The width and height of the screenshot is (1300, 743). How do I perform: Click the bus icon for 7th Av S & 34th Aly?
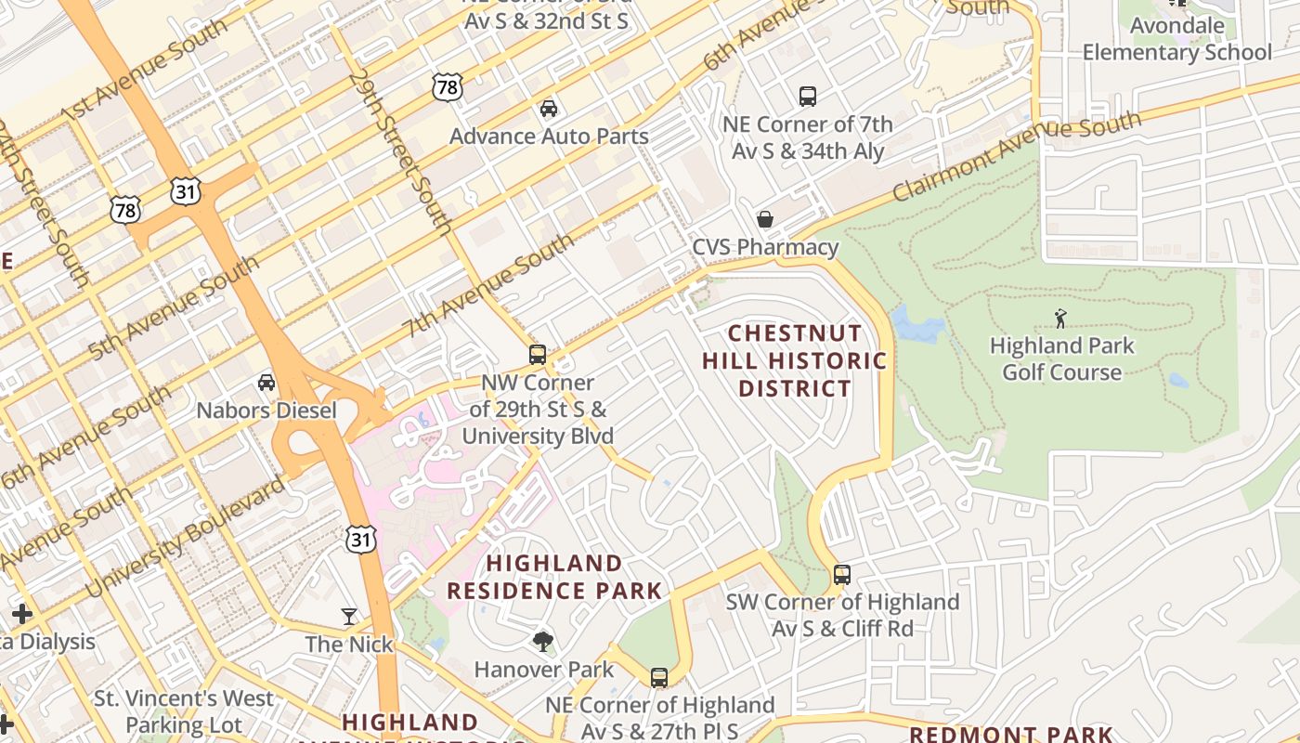(808, 96)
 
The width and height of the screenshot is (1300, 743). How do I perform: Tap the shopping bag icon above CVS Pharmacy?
(765, 219)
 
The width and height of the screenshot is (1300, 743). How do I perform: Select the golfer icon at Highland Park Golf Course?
(1060, 319)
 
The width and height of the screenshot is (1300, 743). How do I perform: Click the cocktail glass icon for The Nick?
(349, 616)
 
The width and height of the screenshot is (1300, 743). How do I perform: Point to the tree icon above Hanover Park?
(543, 641)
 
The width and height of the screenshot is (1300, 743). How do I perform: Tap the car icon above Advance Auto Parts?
(549, 108)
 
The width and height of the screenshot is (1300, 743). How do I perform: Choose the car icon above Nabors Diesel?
(266, 382)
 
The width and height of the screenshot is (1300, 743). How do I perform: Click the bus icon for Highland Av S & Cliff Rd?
(842, 574)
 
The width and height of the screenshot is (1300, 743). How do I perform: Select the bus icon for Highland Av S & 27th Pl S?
(659, 677)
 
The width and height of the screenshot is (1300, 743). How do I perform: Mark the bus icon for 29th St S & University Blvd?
(538, 354)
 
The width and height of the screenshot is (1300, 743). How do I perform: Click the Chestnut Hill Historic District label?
(794, 360)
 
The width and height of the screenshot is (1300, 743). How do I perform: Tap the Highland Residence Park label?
(554, 577)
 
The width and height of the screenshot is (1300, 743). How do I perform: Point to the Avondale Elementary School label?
(1176, 39)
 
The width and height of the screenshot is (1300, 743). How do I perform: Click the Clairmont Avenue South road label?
(1017, 155)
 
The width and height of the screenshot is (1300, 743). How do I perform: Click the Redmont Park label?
(1010, 734)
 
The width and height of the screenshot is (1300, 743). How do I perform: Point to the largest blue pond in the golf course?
(916, 325)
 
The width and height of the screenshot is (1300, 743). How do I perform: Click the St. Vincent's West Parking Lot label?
(184, 711)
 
